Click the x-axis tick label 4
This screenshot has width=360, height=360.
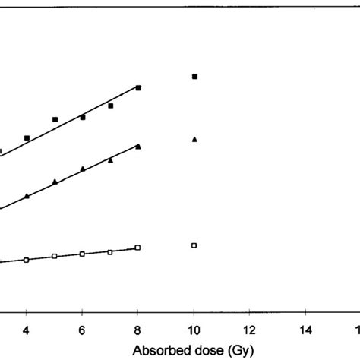27,331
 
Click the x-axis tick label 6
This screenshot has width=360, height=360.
83,331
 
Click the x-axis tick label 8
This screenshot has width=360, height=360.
138,331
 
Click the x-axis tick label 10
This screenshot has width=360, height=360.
194,331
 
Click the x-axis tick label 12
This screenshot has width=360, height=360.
249,331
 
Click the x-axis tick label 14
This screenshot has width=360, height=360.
305,331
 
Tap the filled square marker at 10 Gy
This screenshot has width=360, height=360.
194,77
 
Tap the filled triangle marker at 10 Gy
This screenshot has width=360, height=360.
194,139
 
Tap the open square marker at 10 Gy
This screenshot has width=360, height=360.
194,245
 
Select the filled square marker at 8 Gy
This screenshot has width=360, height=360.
138,88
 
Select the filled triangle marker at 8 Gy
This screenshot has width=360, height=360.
138,146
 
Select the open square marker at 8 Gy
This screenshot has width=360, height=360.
138,248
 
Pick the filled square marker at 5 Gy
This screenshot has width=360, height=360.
55,119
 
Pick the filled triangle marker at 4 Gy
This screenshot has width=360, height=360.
27,196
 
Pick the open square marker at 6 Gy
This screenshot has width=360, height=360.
83,254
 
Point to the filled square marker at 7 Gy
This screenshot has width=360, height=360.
111,106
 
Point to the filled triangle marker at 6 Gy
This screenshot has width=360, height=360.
83,169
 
